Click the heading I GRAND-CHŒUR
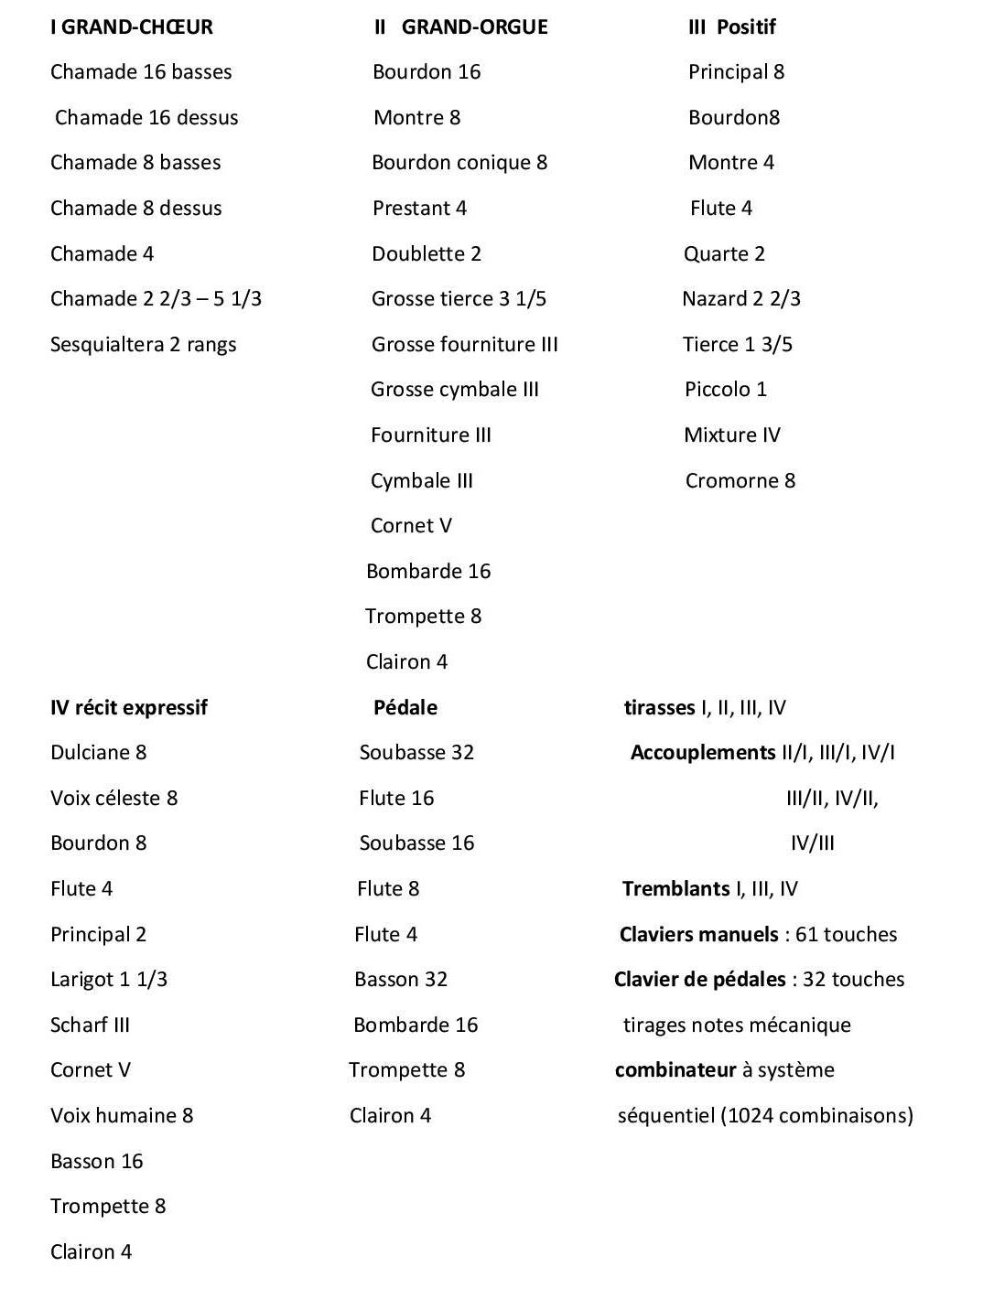tap(131, 27)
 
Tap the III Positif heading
tap(731, 27)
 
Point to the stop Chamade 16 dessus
tap(146, 117)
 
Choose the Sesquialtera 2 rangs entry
tap(143, 344)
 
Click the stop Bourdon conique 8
tap(459, 162)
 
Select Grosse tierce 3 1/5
tap(459, 298)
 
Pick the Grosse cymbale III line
tap(454, 389)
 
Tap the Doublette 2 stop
tap(426, 253)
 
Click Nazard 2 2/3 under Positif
tap(740, 298)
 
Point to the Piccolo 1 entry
tap(725, 389)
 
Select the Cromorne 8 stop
tap(740, 480)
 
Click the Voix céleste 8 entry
tap(113, 798)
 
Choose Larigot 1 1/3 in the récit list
tap(108, 979)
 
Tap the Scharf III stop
tap(90, 1025)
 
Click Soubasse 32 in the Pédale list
tap(416, 752)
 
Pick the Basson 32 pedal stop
tap(400, 979)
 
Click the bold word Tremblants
tap(675, 888)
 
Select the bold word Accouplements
tap(702, 752)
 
